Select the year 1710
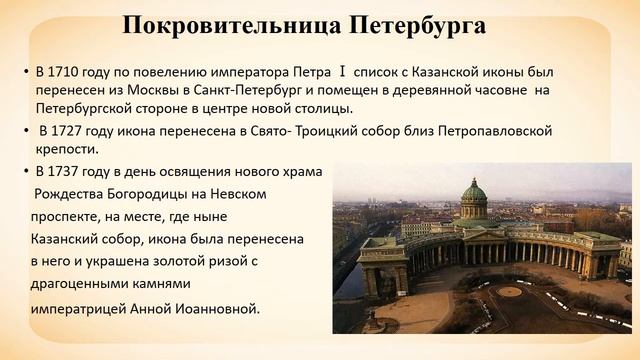point(66,72)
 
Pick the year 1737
point(67,171)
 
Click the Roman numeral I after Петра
point(342,72)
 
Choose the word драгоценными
point(83,286)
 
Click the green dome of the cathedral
point(473,193)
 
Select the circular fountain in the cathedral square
point(509,292)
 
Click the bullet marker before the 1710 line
point(26,72)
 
